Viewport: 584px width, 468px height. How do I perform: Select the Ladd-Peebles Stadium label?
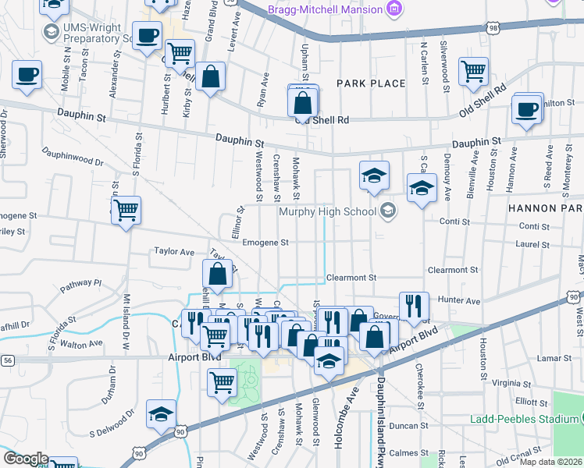coord(524,419)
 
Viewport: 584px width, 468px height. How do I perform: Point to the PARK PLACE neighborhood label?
coord(371,83)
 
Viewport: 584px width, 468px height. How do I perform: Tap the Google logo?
coord(26,459)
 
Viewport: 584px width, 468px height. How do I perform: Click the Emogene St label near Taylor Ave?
coord(265,243)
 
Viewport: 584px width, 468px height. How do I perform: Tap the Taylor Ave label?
coord(173,252)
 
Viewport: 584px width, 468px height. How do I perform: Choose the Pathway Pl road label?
coord(81,286)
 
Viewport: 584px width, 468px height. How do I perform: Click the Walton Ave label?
coord(81,343)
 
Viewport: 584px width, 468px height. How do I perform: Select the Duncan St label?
coord(405,426)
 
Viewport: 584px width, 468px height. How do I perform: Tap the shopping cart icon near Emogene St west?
coord(126,210)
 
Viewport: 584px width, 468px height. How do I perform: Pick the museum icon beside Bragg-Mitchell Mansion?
coord(394,9)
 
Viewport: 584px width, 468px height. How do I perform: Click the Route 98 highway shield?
coord(493,28)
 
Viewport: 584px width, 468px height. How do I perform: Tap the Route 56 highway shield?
coord(8,360)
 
